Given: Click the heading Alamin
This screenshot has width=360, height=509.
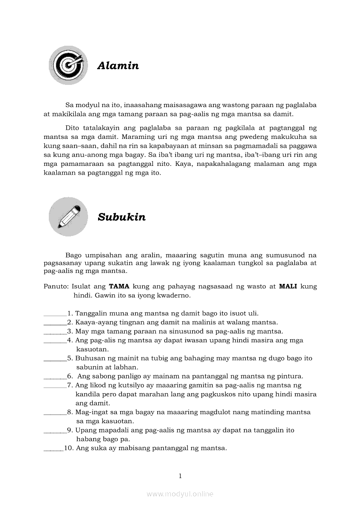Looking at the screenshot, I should click(x=118, y=66).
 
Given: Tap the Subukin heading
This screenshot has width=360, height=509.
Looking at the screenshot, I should click(x=122, y=217).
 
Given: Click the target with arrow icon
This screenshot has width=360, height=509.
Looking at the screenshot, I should click(x=68, y=65).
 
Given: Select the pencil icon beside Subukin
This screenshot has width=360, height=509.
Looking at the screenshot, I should click(x=68, y=217).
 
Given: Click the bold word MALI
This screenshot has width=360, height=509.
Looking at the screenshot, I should click(x=288, y=287).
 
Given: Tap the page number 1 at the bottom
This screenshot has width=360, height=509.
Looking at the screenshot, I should click(x=180, y=476).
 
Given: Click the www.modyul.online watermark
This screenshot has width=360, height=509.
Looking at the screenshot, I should click(x=180, y=494).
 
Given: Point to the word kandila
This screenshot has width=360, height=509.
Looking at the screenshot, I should click(x=88, y=394).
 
